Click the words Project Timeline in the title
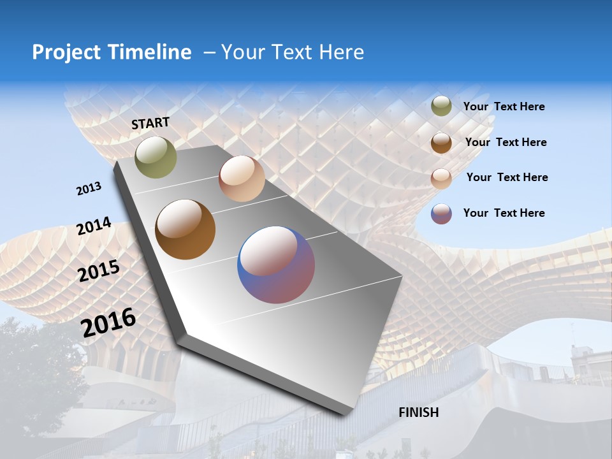click(112, 52)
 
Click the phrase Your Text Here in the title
click(292, 52)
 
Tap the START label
click(150, 123)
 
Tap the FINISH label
click(418, 412)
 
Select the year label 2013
click(89, 189)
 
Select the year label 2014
click(94, 226)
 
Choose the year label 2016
click(108, 323)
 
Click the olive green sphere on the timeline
click(156, 157)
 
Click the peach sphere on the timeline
click(242, 178)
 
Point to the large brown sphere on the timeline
click(185, 229)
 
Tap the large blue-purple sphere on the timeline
click(276, 265)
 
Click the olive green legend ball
click(441, 106)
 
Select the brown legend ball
click(441, 143)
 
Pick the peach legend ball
click(441, 178)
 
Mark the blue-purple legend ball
click(441, 214)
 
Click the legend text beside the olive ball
click(504, 106)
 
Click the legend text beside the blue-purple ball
click(504, 213)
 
